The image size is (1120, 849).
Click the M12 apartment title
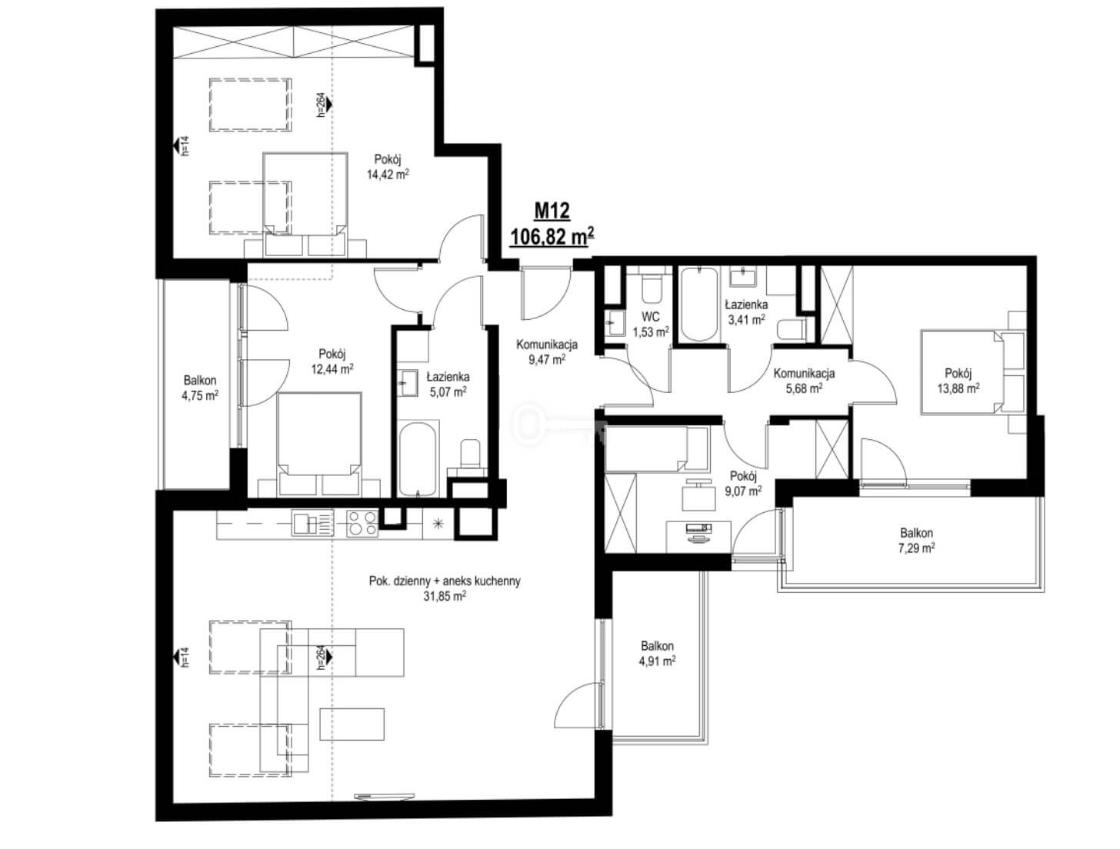pos(552,210)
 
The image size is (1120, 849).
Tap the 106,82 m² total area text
pos(552,236)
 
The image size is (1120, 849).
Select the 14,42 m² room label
pos(388,167)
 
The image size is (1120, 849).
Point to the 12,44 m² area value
pos(332,368)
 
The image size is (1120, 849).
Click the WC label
pos(650,317)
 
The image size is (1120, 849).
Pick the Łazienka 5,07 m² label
pos(448,385)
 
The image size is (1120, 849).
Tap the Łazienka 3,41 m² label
pos(746,312)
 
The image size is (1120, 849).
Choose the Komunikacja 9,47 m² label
pos(547,352)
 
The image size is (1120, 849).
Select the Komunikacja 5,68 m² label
pos(804,381)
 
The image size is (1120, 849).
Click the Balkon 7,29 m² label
pos(916,541)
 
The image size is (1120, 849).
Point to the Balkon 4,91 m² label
pos(657,653)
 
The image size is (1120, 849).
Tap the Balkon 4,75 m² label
pos(200,388)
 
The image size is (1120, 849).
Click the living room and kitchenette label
pos(445,588)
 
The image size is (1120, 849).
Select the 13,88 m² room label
pos(958,381)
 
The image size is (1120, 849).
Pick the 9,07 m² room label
pos(743,484)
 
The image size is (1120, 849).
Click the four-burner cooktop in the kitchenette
pos(362,524)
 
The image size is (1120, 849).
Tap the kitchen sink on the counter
pos(312,524)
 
